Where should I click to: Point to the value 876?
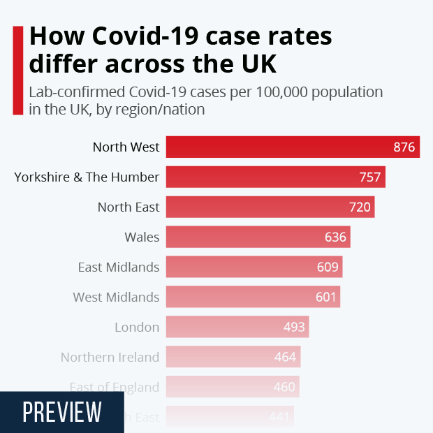[x=404, y=147]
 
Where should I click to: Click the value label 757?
[x=370, y=177]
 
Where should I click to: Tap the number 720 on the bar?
[x=360, y=207]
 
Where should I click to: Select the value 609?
[x=328, y=267]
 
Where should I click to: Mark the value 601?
[x=326, y=298]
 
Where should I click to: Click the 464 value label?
[x=286, y=358]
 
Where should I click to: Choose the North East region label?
[x=129, y=207]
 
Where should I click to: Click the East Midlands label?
[x=119, y=267]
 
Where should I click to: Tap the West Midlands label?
[x=116, y=298]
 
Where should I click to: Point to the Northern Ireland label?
[x=110, y=358]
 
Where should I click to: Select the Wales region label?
[x=142, y=237]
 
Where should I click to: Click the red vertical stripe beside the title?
[x=17, y=70]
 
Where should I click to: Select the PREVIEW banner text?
[x=62, y=412]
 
